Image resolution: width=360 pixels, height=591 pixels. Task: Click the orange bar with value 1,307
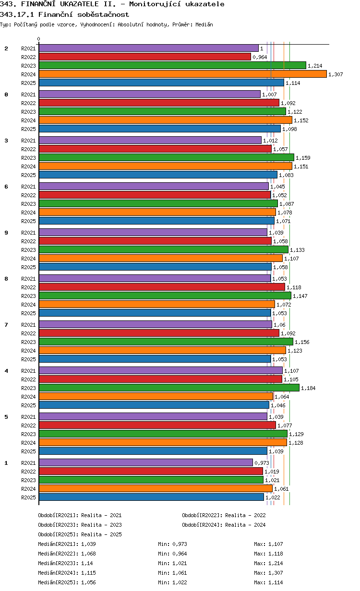pyautogui.click(x=182, y=74)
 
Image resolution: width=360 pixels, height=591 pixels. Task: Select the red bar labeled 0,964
pyautogui.click(x=144, y=57)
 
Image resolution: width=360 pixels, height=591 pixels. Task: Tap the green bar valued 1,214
pyautogui.click(x=172, y=65)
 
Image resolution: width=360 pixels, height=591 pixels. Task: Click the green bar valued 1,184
pyautogui.click(x=169, y=388)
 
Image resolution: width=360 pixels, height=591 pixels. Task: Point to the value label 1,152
pyautogui.click(x=301, y=120)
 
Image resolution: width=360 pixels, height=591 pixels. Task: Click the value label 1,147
pyautogui.click(x=300, y=296)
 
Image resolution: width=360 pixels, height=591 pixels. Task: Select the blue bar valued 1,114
pyautogui.click(x=161, y=83)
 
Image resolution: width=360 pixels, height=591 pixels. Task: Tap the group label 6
pyautogui.click(x=6, y=187)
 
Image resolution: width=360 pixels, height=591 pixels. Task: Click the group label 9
pyautogui.click(x=6, y=233)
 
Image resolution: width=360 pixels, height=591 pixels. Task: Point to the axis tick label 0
pyautogui.click(x=39, y=39)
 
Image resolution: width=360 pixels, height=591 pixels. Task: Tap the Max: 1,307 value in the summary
pyautogui.click(x=268, y=573)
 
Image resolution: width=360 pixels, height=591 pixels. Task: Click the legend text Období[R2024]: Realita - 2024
pyautogui.click(x=224, y=525)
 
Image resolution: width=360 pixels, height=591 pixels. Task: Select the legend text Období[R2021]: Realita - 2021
pyautogui.click(x=80, y=515)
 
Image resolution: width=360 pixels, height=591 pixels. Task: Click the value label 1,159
pyautogui.click(x=303, y=158)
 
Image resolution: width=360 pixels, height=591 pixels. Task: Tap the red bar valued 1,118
pyautogui.click(x=162, y=287)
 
